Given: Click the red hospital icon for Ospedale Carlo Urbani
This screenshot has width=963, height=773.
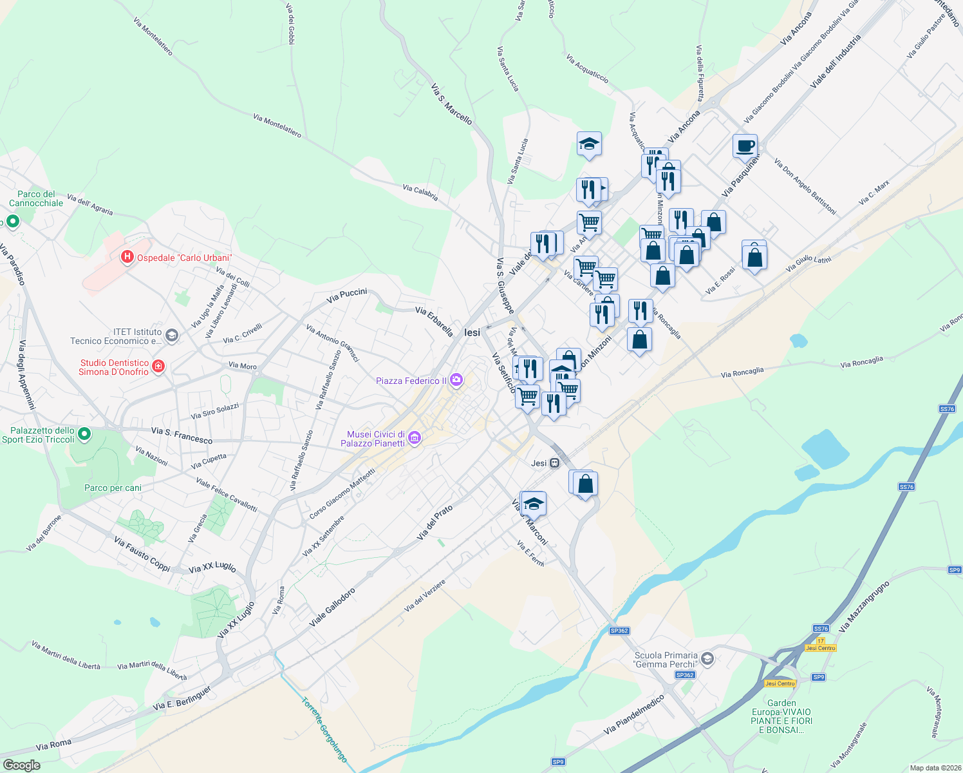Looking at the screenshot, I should pyautogui.click(x=127, y=258).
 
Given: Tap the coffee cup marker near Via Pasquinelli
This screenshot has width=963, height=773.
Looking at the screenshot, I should pyautogui.click(x=745, y=146).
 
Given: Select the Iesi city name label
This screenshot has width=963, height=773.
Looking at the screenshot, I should pyautogui.click(x=472, y=332).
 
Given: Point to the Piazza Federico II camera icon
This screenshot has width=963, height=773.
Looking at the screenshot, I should pyautogui.click(x=456, y=380).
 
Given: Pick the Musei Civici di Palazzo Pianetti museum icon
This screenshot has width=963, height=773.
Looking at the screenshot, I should pyautogui.click(x=415, y=439).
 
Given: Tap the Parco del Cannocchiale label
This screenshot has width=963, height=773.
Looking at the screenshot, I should pyautogui.click(x=36, y=198).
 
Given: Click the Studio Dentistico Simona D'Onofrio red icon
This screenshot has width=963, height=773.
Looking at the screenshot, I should pyautogui.click(x=158, y=367).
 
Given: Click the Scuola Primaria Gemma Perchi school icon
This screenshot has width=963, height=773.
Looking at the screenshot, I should pyautogui.click(x=707, y=658).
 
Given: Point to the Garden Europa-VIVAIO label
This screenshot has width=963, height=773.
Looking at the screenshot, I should pyautogui.click(x=781, y=716).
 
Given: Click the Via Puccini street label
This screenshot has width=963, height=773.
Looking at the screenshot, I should pyautogui.click(x=346, y=296).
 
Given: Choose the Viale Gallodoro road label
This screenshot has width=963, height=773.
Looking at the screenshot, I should pyautogui.click(x=332, y=607).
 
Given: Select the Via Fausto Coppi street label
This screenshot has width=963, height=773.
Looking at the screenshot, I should pyautogui.click(x=142, y=553).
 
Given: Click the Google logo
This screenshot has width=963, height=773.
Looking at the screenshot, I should pyautogui.click(x=22, y=765).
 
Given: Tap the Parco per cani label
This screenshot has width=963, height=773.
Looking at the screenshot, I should pyautogui.click(x=113, y=488).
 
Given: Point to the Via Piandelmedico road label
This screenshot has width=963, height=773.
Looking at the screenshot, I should pyautogui.click(x=634, y=715).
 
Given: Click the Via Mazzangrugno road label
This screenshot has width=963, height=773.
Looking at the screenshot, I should pyautogui.click(x=865, y=606).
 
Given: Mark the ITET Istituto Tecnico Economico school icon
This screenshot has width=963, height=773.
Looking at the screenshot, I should pyautogui.click(x=171, y=335).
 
